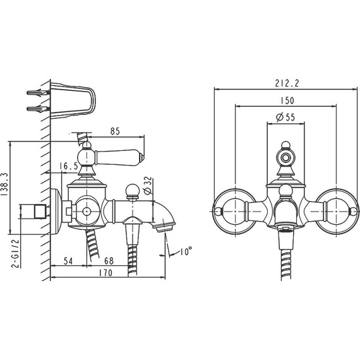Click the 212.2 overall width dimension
(287, 83)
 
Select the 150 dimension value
(287, 100)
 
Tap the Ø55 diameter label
(285, 117)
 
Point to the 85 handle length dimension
(115, 131)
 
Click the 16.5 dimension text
(69, 166)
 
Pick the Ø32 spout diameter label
(148, 185)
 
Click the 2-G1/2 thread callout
(15, 253)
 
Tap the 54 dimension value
(68, 261)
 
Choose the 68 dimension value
(109, 261)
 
